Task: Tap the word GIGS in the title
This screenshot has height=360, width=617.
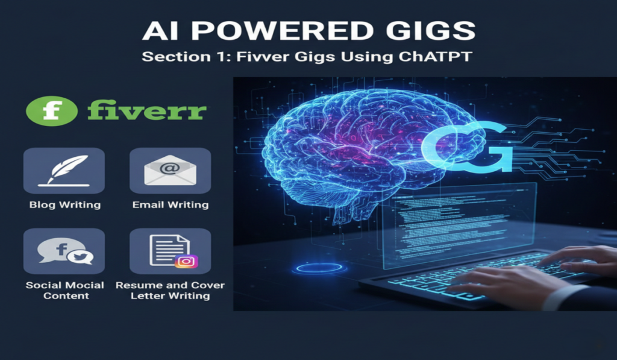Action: tap(431, 31)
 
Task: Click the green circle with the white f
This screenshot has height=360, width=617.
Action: tap(52, 112)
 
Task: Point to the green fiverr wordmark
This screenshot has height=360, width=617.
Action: tap(147, 112)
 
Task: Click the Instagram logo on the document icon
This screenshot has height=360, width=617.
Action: tap(186, 262)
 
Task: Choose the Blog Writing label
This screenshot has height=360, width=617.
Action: tap(64, 205)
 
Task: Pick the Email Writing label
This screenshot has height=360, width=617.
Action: tap(171, 205)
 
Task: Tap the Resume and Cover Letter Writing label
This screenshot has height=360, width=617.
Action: tap(171, 290)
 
